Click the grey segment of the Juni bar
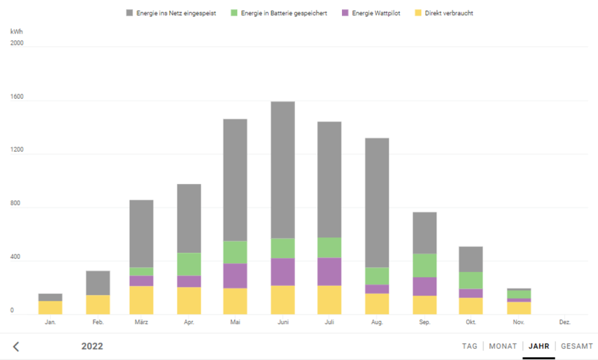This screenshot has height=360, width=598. (283, 170)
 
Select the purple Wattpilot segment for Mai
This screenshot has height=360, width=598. (235, 276)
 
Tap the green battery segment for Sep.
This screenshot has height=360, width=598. (424, 265)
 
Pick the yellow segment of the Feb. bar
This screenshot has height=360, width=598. (97, 305)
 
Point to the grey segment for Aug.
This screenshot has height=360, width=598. (377, 203)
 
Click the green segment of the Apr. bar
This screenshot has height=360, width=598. (189, 264)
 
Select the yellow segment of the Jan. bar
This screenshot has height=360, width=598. (50, 307)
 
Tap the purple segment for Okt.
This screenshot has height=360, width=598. (471, 293)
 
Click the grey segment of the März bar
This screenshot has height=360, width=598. (141, 233)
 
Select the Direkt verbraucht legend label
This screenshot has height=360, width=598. (448, 13)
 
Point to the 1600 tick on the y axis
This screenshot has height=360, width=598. (17, 97)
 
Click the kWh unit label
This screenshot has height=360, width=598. (16, 31)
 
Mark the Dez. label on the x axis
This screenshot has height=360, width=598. (565, 322)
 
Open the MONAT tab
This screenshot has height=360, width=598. (502, 346)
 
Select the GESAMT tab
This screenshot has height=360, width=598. (577, 346)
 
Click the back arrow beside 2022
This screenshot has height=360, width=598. (16, 346)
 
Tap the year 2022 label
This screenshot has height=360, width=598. (92, 346)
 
